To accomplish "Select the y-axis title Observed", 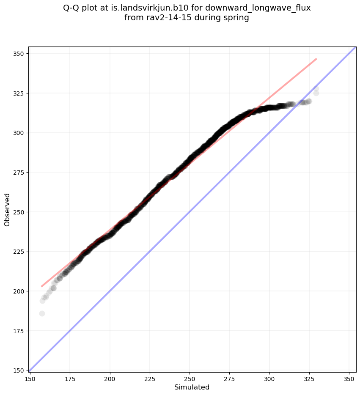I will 7,209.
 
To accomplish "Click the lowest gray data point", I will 42,313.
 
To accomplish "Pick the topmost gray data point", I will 316,89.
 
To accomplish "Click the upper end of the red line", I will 316,59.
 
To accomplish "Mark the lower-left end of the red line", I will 41,286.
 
